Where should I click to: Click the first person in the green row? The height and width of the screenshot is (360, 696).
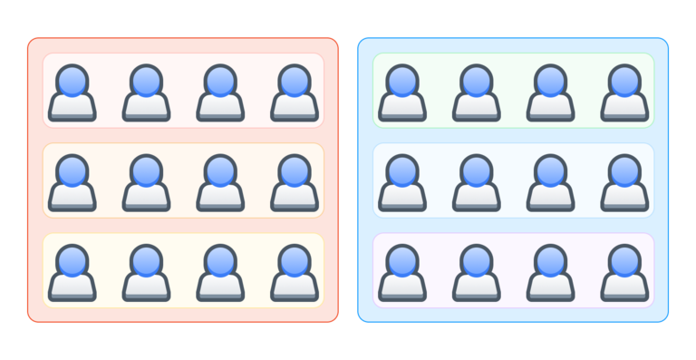click(x=402, y=92)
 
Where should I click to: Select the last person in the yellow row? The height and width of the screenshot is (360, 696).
click(x=295, y=273)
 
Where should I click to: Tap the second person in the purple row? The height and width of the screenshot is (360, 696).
click(x=477, y=273)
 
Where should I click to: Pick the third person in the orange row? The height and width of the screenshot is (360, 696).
click(x=220, y=183)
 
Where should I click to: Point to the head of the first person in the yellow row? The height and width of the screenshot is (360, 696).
click(x=72, y=260)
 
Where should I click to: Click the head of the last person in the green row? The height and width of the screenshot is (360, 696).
click(x=624, y=80)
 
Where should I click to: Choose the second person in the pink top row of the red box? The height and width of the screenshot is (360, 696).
click(x=146, y=92)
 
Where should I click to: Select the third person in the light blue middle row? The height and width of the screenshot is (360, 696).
click(x=550, y=183)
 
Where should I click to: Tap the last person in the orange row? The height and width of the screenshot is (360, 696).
click(x=295, y=183)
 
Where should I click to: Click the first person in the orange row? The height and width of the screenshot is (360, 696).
click(x=72, y=183)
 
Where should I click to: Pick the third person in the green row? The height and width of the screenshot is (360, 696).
click(x=550, y=92)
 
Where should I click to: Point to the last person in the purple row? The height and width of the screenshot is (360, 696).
click(x=624, y=273)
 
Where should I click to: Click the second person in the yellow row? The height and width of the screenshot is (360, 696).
click(x=146, y=273)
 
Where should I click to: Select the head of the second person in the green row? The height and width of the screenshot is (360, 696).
click(x=477, y=80)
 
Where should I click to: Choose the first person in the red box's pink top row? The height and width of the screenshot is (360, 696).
click(x=72, y=92)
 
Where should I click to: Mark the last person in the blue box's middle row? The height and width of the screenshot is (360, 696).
click(x=624, y=183)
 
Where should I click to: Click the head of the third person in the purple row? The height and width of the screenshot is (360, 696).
click(x=550, y=260)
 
